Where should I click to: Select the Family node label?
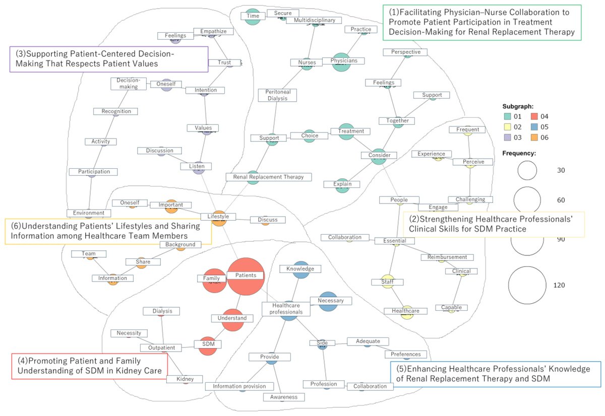211,278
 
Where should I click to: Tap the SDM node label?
208,344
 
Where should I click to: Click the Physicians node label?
344,61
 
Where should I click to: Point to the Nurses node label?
307,62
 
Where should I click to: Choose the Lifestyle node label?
218,217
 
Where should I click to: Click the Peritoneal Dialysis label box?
278,95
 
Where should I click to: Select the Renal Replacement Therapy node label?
269,177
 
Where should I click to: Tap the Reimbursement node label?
447,257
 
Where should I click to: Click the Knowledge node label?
300,269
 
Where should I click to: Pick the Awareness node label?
283,397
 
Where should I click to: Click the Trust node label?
224,62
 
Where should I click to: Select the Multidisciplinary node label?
314,20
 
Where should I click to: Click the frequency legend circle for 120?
527,285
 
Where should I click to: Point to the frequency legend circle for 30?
527,171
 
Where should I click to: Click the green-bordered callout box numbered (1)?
482,23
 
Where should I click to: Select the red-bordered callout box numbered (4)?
89,366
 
